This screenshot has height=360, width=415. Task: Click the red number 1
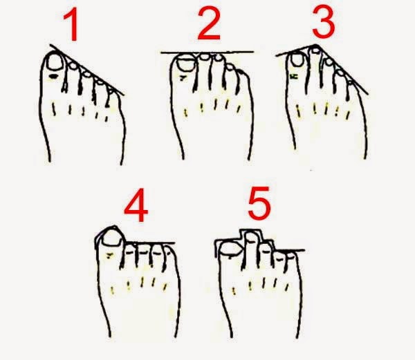click(71, 24)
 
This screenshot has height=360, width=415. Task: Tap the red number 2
click(209, 23)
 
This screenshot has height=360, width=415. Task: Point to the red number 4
click(136, 205)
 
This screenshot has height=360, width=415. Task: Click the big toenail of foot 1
click(55, 62)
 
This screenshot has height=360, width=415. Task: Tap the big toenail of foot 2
click(186, 63)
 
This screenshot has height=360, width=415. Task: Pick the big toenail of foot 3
click(297, 59)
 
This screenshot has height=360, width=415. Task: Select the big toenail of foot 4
click(112, 238)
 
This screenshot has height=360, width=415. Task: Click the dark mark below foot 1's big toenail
click(53, 77)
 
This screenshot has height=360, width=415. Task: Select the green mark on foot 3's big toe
click(294, 77)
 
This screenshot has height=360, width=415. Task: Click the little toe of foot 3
click(350, 90)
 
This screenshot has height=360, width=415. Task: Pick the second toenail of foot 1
click(73, 65)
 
